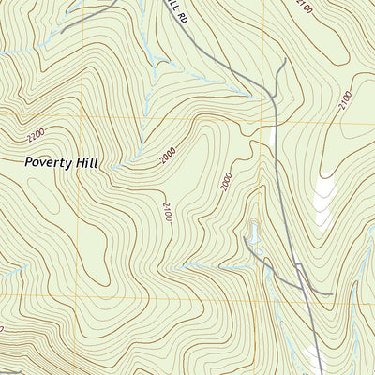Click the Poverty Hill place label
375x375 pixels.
(x=62, y=161)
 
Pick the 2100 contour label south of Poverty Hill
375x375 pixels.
(x=167, y=212)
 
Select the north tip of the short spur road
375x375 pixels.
(x=283, y=62)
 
